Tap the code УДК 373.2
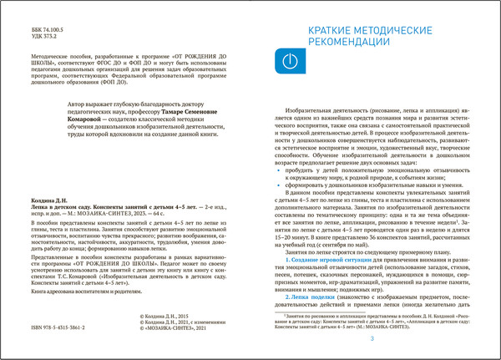(31, 35)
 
